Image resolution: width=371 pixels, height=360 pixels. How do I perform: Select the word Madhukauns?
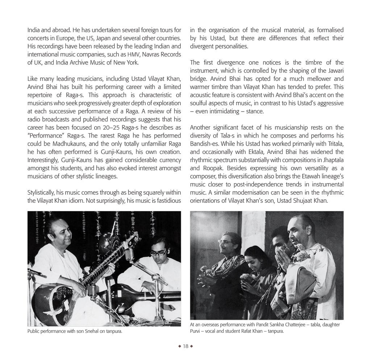click(x=73, y=144)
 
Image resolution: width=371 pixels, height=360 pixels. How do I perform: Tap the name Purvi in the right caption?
click(x=197, y=331)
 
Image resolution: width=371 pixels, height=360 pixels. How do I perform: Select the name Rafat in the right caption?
click(x=252, y=331)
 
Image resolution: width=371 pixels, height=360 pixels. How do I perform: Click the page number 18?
click(x=185, y=346)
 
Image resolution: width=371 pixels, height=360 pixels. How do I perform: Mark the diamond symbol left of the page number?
click(x=179, y=346)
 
